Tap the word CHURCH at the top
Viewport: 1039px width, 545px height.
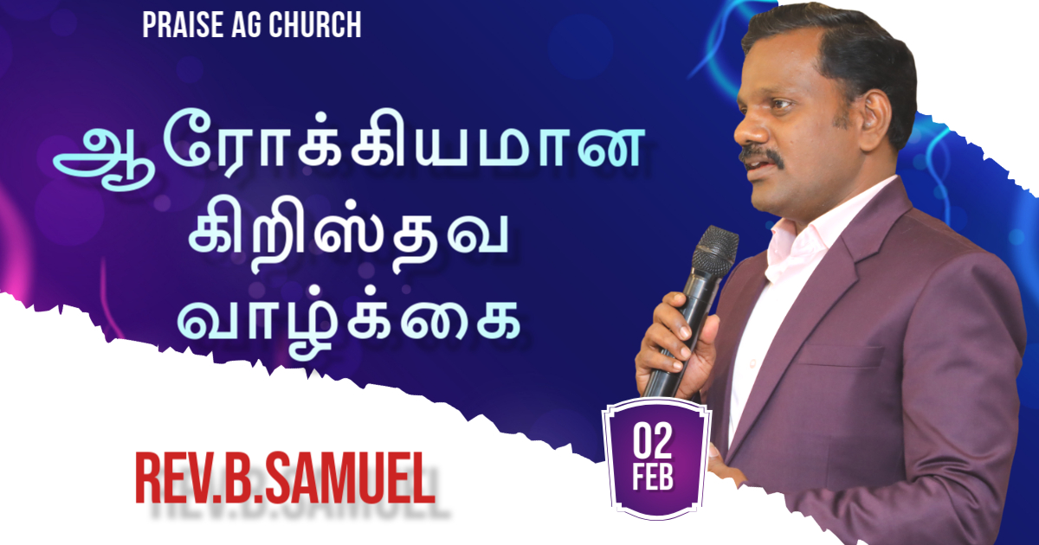(x=315, y=24)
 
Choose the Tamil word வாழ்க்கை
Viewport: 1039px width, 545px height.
(x=348, y=325)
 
